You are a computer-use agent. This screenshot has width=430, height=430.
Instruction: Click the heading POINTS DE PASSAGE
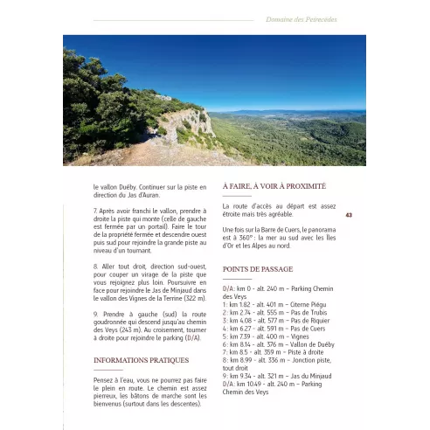click(x=258, y=269)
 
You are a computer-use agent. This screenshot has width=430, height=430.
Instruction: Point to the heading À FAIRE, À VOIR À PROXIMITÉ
click(x=274, y=186)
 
